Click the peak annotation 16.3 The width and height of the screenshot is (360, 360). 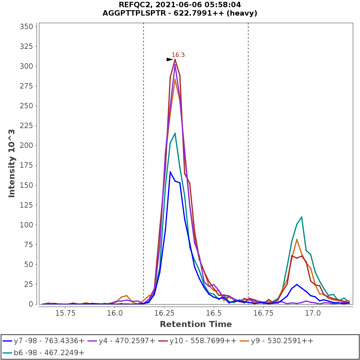coord(178,55)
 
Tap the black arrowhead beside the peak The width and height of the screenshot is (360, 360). coord(170,60)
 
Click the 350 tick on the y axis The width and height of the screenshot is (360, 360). coord(26,27)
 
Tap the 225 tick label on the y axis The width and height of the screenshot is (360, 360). coord(26,126)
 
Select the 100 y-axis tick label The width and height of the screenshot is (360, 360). coord(26,225)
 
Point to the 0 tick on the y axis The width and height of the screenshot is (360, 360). coord(31,304)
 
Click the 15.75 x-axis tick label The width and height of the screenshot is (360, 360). coord(65,313)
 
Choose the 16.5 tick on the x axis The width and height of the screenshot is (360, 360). coord(213,313)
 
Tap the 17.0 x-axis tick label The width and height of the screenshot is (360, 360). coord(313,313)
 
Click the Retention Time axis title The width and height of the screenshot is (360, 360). coord(196,324)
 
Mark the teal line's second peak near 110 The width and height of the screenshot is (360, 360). coord(301,217)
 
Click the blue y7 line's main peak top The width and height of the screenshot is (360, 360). coord(170,172)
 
